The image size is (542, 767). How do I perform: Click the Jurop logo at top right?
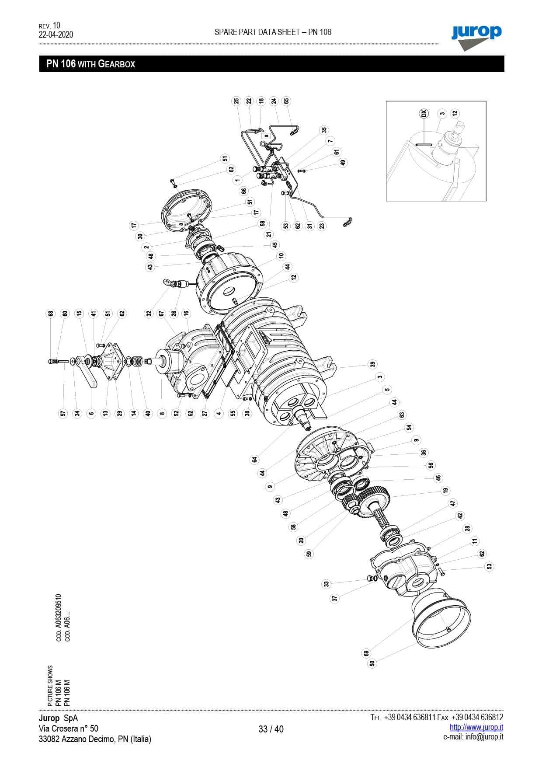(x=476, y=35)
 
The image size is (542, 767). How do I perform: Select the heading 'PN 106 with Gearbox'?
(x=90, y=64)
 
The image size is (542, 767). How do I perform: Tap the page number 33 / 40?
(x=271, y=729)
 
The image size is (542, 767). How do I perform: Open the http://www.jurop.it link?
(x=476, y=727)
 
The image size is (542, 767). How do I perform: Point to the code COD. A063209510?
(x=59, y=617)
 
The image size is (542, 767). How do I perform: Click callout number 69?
(x=366, y=653)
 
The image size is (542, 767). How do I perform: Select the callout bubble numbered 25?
(x=236, y=101)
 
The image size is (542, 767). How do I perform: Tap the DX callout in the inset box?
(x=423, y=113)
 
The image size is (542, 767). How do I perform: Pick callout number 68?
(x=51, y=314)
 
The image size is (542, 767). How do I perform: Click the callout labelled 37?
(x=335, y=598)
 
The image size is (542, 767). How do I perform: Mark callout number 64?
(x=254, y=459)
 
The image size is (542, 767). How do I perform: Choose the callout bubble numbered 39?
(x=372, y=364)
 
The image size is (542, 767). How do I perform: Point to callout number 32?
(x=149, y=314)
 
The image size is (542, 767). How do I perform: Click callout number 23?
(x=322, y=226)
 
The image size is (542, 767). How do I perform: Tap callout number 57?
(x=63, y=413)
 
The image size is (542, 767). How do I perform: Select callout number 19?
(x=445, y=491)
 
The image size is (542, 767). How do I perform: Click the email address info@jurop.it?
(x=473, y=737)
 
